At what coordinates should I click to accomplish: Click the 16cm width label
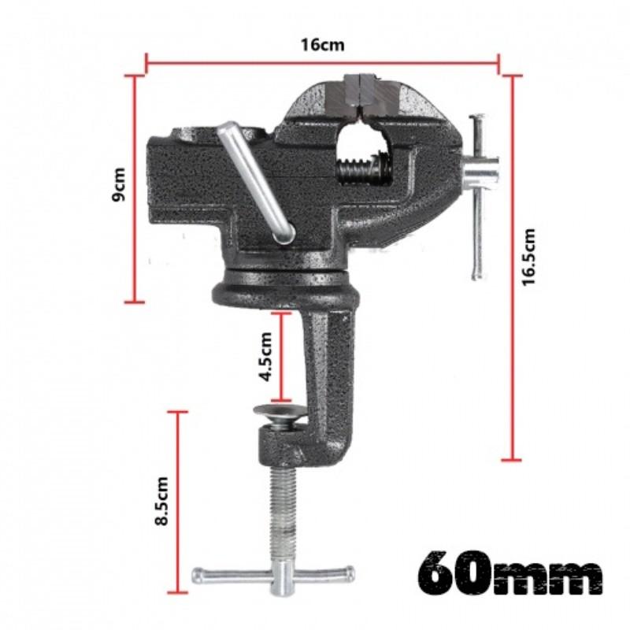tap(322, 44)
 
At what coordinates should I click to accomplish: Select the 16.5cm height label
tap(528, 257)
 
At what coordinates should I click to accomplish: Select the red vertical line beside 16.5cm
tap(512, 268)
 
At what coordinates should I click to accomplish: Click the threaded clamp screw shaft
tap(281, 512)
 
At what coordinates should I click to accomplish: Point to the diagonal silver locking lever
tap(256, 181)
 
